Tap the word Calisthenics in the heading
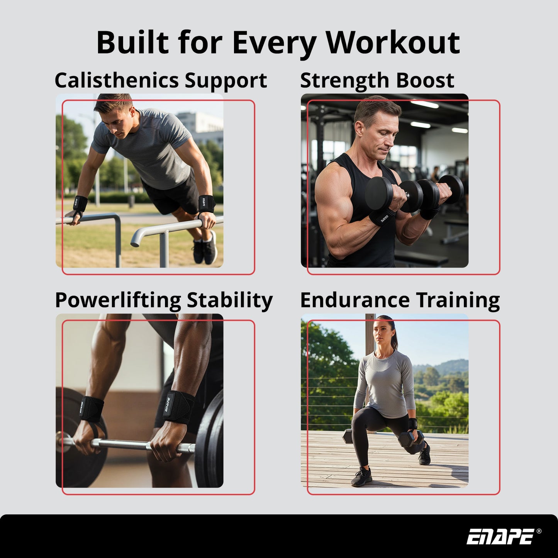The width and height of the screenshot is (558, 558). coord(116,81)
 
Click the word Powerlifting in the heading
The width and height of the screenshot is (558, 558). coord(118,300)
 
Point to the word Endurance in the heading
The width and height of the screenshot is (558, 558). coord(354,300)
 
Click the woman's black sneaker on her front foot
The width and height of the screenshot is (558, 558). coord(361,477)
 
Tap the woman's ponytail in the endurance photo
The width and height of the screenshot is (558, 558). coord(395,339)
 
